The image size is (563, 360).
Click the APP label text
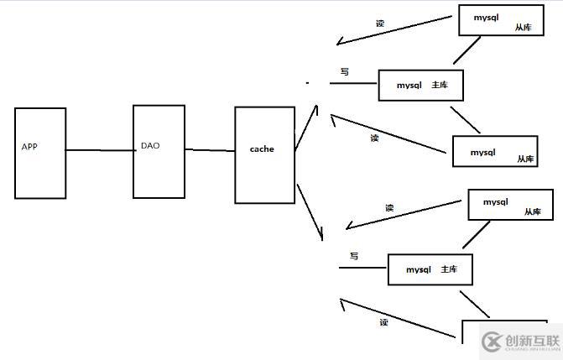tap(29, 147)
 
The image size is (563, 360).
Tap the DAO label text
tap(150, 145)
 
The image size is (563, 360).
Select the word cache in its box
tap(262, 149)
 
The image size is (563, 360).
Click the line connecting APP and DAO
tap(99, 150)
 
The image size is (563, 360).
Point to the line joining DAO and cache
tap(210, 150)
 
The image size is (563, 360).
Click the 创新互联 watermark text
tap(532, 341)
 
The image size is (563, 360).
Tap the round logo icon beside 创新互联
tap(491, 342)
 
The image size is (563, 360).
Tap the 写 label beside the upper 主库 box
tap(344, 72)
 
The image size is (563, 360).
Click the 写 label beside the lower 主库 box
tap(354, 256)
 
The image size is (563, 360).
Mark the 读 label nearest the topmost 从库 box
tap(379, 23)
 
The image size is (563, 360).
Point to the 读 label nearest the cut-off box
tap(383, 322)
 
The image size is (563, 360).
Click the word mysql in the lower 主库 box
tap(418, 270)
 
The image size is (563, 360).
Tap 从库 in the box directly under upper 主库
tap(525, 158)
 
